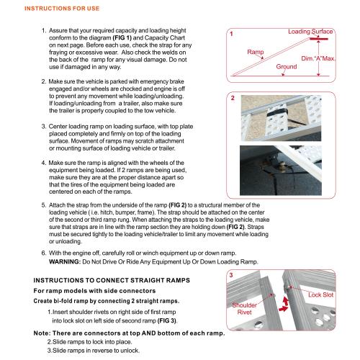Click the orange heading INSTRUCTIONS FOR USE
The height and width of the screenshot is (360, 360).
[62, 9]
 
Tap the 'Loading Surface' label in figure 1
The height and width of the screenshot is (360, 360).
[310, 32]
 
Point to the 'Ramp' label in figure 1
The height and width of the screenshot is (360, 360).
[256, 52]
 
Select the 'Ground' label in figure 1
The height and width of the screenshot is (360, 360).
[287, 66]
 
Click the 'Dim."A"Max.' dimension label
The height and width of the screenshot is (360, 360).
[318, 58]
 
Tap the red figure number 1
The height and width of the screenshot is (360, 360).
[231, 34]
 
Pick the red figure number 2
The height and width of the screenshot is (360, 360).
[233, 98]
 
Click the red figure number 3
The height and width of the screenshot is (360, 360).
[231, 275]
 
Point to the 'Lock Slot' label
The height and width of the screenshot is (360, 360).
[321, 294]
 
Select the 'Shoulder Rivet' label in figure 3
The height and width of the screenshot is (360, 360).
[244, 309]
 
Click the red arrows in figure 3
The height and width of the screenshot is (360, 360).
[284, 305]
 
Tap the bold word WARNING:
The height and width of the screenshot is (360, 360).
[65, 261]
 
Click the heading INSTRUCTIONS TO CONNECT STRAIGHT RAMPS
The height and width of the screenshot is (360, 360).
[112, 280]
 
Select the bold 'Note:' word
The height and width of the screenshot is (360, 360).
[42, 333]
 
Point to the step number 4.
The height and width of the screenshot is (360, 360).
[43, 163]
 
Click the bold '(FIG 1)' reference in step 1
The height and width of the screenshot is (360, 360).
[122, 38]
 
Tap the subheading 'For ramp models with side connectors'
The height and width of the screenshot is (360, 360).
[94, 291]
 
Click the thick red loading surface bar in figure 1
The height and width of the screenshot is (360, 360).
[319, 39]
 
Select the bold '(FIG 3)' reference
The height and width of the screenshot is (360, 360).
[167, 320]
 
